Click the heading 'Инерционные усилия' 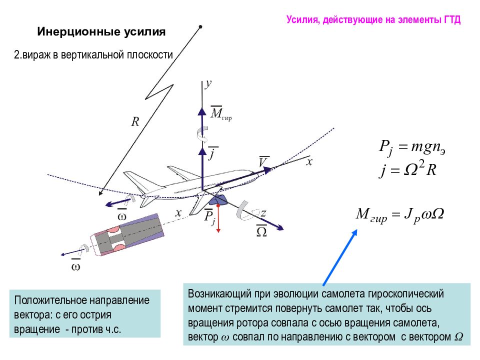point(101,32)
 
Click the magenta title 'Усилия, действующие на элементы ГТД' point(373,19)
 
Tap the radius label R point(135,122)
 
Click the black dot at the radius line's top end point(200,27)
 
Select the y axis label point(208,83)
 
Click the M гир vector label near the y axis point(221,113)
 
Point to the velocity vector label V point(263,161)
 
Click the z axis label point(263,212)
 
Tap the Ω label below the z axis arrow point(261,231)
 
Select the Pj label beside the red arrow point(209,217)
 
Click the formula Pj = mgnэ point(412,148)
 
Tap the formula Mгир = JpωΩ point(400,215)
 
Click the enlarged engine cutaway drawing point(127,234)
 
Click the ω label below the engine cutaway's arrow point(75,265)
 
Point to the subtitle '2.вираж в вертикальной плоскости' point(93,55)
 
